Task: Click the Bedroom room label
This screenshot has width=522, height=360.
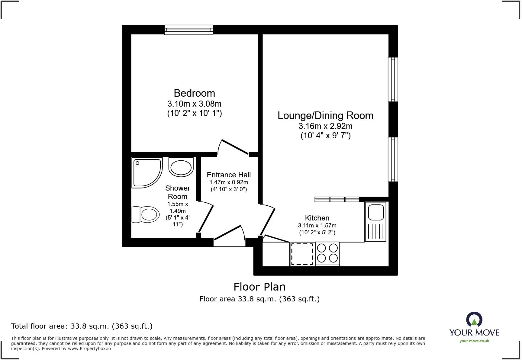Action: pyautogui.click(x=194, y=93)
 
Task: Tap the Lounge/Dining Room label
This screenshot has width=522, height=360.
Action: pyautogui.click(x=325, y=116)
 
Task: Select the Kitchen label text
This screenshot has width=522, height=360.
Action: pyautogui.click(x=317, y=218)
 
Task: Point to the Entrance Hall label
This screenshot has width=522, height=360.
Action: pyautogui.click(x=229, y=175)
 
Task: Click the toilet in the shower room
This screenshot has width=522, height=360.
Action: pyautogui.click(x=145, y=214)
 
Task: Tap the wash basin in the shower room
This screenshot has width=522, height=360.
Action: pyautogui.click(x=181, y=167)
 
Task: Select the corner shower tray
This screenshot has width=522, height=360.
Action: pyautogui.click(x=147, y=173)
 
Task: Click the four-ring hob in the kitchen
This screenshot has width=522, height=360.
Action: pyautogui.click(x=327, y=254)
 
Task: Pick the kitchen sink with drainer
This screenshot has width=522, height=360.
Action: pyautogui.click(x=375, y=222)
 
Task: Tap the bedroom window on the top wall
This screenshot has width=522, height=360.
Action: pyautogui.click(x=188, y=30)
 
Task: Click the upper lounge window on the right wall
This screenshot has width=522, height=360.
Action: pyautogui.click(x=393, y=79)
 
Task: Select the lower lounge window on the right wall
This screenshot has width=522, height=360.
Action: pyautogui.click(x=393, y=159)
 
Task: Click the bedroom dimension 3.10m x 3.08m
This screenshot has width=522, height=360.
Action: pyautogui.click(x=195, y=104)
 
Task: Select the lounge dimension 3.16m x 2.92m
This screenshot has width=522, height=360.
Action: pyautogui.click(x=325, y=126)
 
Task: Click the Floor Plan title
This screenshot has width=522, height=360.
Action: pyautogui.click(x=259, y=287)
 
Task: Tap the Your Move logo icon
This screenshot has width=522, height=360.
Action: pyautogui.click(x=474, y=320)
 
